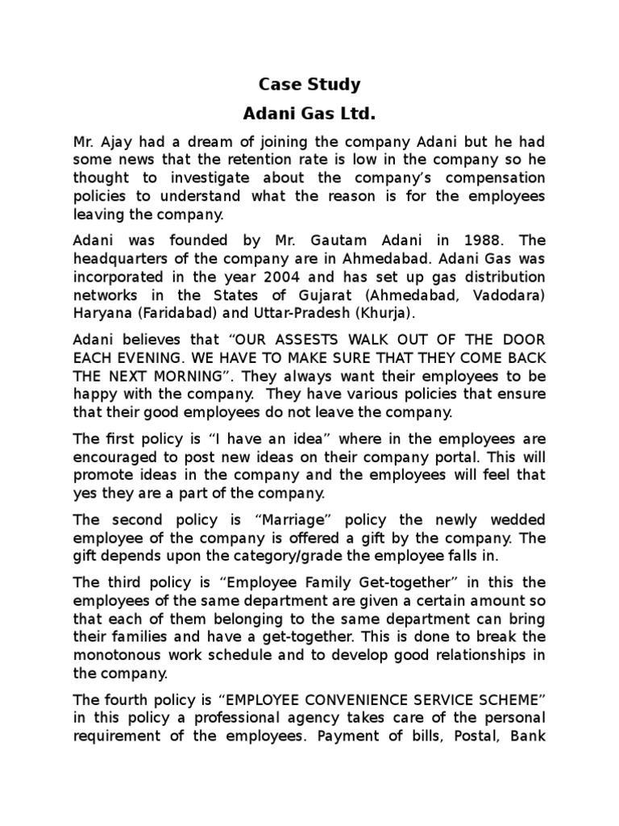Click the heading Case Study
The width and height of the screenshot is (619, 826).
pyautogui.click(x=309, y=84)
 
